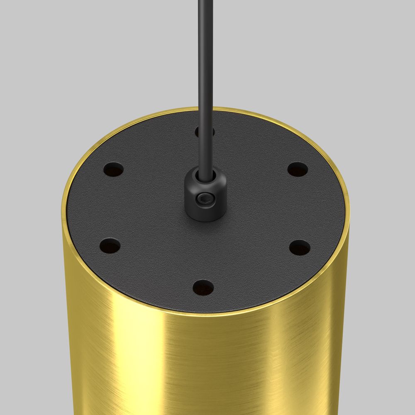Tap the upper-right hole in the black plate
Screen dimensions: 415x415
(298, 169)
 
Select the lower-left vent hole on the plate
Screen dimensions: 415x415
(110, 247)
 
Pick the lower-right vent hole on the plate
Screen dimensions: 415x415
(300, 248)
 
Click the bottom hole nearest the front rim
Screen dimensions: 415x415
(203, 287)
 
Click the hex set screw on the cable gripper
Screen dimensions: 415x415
(205, 200)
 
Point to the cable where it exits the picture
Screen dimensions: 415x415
(203, 2)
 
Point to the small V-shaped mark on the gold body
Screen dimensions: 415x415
(273, 317)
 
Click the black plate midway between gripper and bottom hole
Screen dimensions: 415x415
(204, 251)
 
